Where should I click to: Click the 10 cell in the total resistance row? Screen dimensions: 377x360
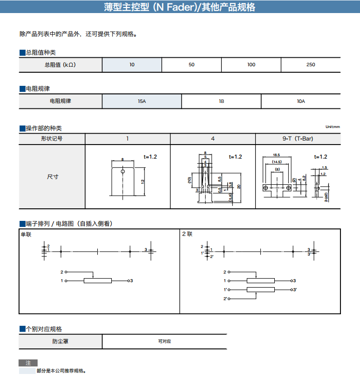click(132, 65)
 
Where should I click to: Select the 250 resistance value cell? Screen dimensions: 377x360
click(310, 65)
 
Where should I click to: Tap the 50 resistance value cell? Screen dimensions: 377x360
click(192, 65)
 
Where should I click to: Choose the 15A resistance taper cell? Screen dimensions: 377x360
click(142, 101)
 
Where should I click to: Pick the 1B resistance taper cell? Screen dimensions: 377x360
click(221, 101)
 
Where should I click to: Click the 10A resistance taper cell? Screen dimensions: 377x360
click(301, 101)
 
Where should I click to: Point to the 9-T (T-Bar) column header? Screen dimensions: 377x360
click(298, 139)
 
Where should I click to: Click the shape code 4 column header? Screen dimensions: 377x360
click(213, 139)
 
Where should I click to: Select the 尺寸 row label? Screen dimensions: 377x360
click(52, 177)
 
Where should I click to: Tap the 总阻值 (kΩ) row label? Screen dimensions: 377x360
click(61, 65)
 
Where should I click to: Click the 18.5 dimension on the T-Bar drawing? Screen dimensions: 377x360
click(277, 156)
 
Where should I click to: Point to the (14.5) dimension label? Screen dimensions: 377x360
click(277, 162)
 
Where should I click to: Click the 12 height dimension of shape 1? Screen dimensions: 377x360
click(142, 181)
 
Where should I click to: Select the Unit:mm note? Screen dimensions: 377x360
click(333, 127)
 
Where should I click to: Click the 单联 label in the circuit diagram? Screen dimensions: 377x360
click(26, 234)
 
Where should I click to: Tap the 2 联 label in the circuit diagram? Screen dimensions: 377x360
click(187, 234)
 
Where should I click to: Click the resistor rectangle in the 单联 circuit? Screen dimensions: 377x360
click(97, 281)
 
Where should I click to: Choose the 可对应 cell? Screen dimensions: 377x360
click(164, 341)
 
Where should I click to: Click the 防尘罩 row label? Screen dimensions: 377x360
click(61, 341)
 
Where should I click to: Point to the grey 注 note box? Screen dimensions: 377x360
click(28, 363)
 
